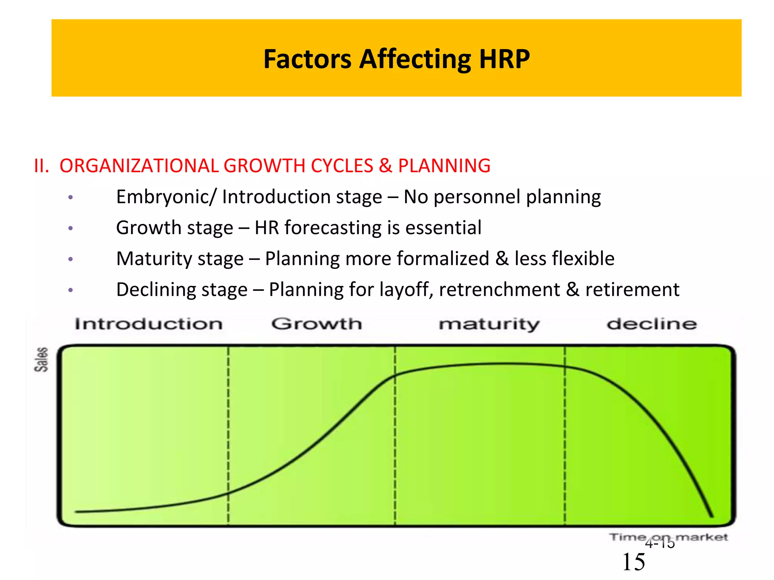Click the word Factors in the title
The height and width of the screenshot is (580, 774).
307,59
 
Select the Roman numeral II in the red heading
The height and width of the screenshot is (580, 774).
41,166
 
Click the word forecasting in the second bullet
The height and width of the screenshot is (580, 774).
333,228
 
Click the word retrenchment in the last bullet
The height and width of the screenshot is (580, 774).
499,290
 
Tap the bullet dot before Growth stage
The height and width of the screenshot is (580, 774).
70,228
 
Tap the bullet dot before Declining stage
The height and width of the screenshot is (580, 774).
70,290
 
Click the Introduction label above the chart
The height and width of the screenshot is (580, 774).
149,324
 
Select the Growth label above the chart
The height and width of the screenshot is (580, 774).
317,324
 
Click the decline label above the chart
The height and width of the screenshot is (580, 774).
652,324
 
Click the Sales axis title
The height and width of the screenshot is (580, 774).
41,359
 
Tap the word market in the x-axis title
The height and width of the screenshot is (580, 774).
701,537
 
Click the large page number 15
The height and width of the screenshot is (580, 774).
634,562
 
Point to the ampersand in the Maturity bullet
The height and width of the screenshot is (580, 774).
502,259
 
